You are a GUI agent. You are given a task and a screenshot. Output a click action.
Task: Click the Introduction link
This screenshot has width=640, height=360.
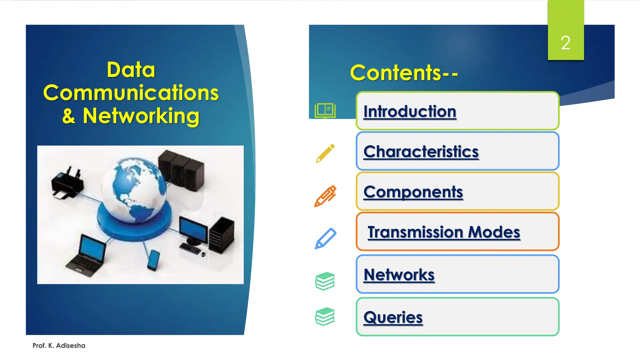coord(410,112)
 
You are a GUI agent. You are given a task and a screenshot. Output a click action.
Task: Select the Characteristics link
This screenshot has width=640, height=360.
coord(421,152)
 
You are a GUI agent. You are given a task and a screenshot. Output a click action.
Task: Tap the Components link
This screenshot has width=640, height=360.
coord(413,192)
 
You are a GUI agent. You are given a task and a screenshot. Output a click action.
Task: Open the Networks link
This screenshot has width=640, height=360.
coord(399,275)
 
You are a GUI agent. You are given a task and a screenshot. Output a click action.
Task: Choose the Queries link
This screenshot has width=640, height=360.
coord(393,317)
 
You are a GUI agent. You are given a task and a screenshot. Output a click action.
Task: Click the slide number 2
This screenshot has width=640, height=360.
coord(565,43)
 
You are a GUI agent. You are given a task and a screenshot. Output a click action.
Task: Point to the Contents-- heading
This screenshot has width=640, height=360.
coord(404,73)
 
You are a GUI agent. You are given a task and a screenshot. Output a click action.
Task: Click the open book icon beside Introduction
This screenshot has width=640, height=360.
coord(325,111)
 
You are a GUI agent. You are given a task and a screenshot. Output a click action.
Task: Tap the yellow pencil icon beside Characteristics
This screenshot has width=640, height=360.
coord(325,153)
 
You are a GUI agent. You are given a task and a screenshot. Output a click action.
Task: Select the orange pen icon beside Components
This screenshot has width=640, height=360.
coord(325,196)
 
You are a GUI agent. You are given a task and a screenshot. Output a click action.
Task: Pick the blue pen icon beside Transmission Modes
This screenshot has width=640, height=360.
coord(325,238)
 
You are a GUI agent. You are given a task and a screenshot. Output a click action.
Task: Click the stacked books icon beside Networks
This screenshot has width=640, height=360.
coord(325,281)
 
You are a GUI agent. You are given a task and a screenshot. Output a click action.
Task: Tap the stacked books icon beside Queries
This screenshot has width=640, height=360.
coord(325,316)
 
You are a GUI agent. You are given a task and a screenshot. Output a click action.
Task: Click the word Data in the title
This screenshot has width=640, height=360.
coord(131,70)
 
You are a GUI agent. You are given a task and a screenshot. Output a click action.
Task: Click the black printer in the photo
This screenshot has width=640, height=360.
coord(67,184)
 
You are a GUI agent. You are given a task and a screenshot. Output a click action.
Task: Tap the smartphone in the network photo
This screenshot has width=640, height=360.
coord(153,260)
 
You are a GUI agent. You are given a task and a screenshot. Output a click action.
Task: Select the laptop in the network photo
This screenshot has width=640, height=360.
coord(87,256)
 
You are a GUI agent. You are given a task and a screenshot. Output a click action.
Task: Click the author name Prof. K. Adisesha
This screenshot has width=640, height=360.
coord(59,346)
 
